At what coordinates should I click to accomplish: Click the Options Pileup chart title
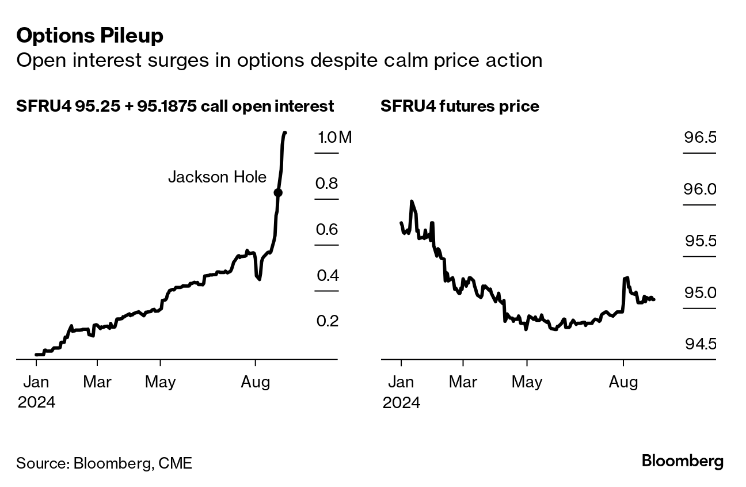pyautogui.click(x=90, y=36)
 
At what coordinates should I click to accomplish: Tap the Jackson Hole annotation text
pyautogui.click(x=217, y=177)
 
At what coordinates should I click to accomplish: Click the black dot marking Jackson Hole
pyautogui.click(x=278, y=193)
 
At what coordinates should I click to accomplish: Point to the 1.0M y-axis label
pyautogui.click(x=334, y=138)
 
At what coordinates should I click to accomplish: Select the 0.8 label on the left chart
pyautogui.click(x=326, y=184)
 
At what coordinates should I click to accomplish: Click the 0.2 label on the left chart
pyautogui.click(x=326, y=321)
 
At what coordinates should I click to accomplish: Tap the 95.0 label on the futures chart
pyautogui.click(x=700, y=292)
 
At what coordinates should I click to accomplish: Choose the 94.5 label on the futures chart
pyautogui.click(x=700, y=344)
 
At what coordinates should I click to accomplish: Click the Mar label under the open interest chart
pyautogui.click(x=97, y=382)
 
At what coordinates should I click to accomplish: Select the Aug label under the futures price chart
pyautogui.click(x=623, y=382)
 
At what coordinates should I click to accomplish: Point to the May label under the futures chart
pyautogui.click(x=527, y=382)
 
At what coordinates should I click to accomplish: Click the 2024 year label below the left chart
pyautogui.click(x=36, y=402)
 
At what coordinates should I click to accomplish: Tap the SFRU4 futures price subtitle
pyautogui.click(x=459, y=106)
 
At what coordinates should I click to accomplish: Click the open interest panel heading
pyautogui.click(x=175, y=106)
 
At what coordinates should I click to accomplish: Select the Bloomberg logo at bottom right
pyautogui.click(x=682, y=461)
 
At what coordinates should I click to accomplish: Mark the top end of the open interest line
pyautogui.click(x=286, y=133)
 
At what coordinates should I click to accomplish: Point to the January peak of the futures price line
pyautogui.click(x=411, y=201)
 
